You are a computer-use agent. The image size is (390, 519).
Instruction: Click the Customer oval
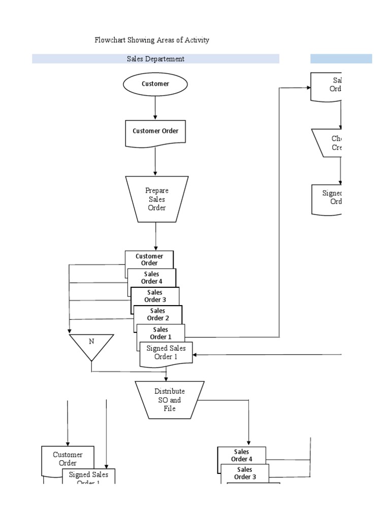pos(155,84)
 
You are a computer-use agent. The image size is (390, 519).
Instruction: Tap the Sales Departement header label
pos(155,59)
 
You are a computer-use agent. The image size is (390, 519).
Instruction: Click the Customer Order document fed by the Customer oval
pos(155,131)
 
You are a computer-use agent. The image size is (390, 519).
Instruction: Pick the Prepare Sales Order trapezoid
pos(156,199)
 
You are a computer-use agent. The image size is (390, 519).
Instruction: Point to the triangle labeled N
pos(91,345)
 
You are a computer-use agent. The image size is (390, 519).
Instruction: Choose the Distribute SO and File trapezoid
pos(170,400)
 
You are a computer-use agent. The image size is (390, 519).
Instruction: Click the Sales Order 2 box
pos(157,314)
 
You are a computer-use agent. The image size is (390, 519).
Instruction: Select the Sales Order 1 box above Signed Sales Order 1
pos(160,333)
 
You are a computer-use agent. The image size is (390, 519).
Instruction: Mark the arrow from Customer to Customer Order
pos(155,107)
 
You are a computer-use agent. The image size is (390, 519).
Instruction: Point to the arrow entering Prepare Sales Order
pos(155,162)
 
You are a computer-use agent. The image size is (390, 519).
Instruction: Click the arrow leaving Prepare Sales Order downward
pos(156,236)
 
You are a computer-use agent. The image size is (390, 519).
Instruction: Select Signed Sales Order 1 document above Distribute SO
pos(166,352)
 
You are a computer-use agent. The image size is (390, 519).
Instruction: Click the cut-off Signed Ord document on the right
pos(330,198)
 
